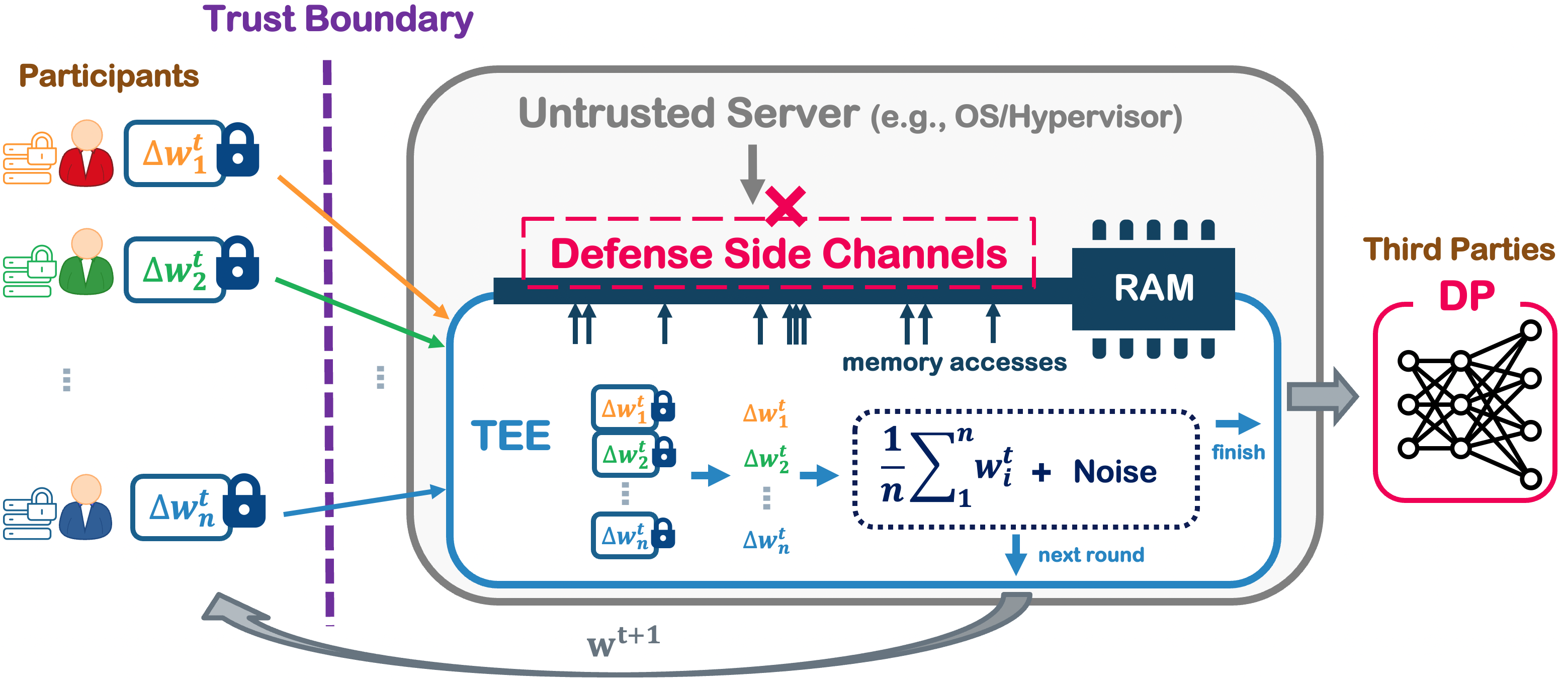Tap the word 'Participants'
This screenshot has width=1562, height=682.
[x=109, y=76]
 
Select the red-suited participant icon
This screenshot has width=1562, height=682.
[x=86, y=154]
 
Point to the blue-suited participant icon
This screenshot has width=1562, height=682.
[x=85, y=508]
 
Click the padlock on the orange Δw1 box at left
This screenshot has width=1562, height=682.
[x=238, y=151]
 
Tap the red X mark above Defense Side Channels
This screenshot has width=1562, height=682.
[x=785, y=206]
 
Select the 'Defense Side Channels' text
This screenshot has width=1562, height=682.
[x=778, y=253]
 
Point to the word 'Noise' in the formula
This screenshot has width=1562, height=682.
[x=1114, y=472]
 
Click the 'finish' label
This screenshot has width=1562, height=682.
[x=1238, y=452]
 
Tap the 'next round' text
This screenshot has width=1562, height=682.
[x=1091, y=555]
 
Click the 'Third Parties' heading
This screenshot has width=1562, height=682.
[x=1458, y=249]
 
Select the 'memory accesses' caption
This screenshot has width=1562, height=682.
[x=954, y=363]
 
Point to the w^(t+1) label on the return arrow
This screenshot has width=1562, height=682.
[x=623, y=641]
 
